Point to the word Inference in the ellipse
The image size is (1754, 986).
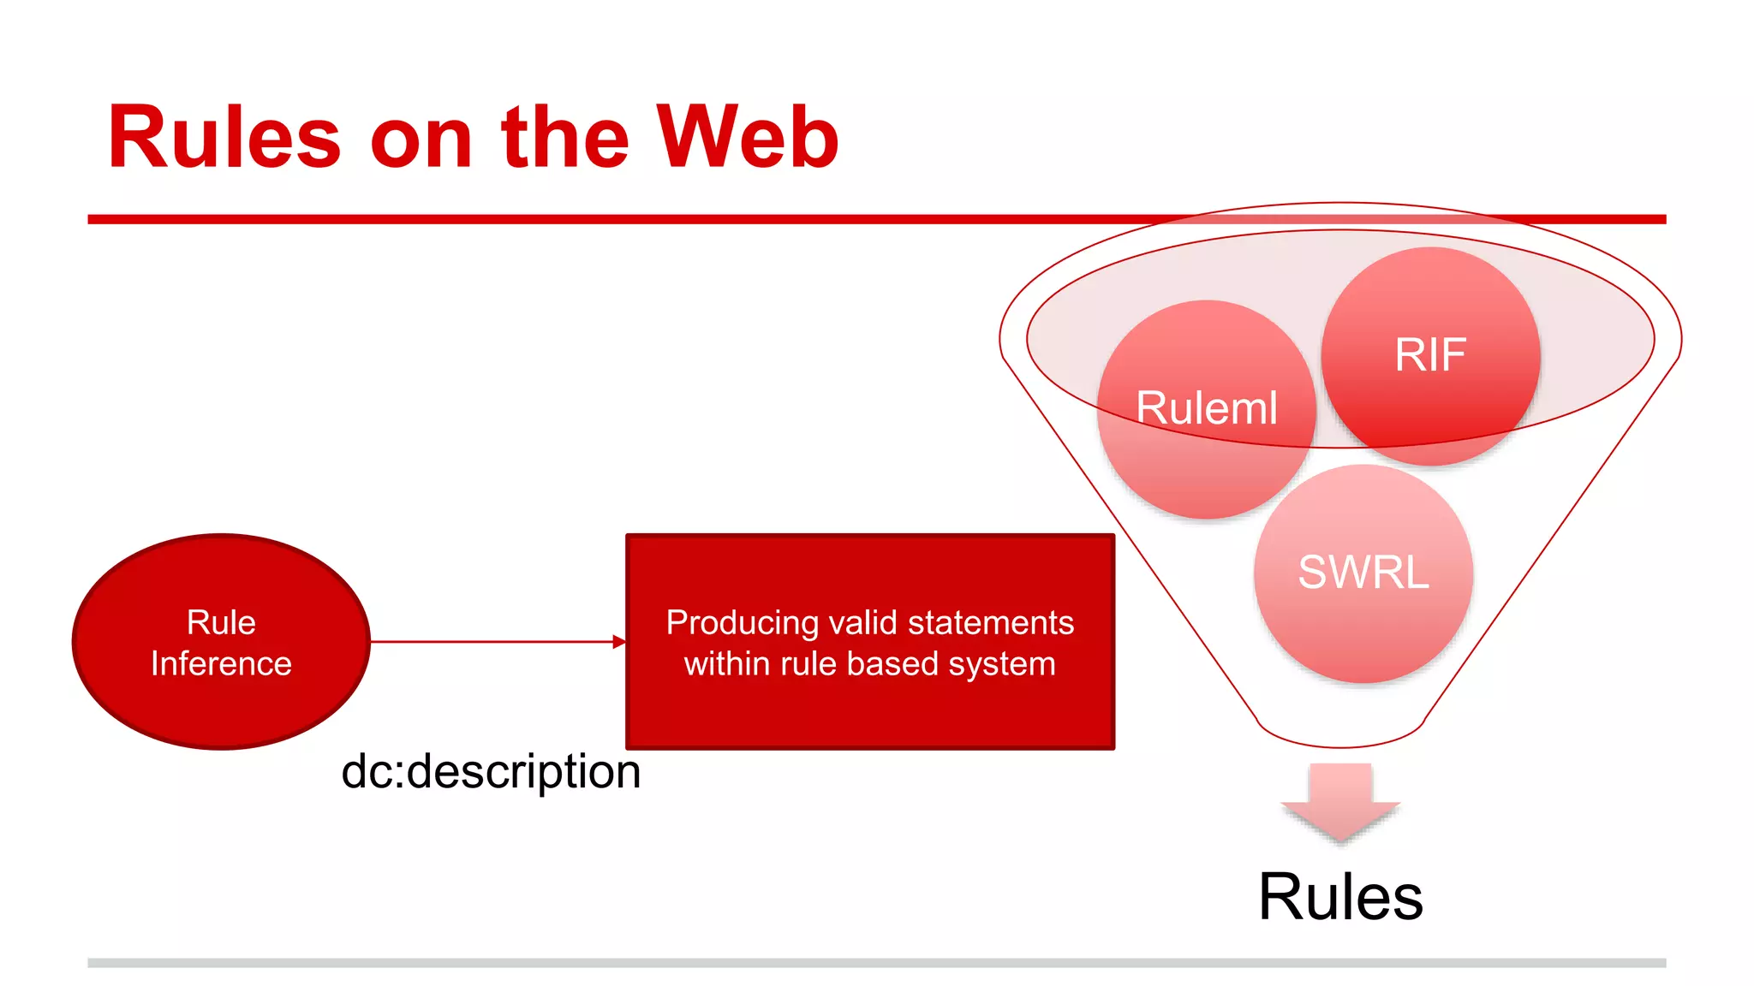221,664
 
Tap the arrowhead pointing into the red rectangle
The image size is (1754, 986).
619,641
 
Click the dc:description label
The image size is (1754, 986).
491,772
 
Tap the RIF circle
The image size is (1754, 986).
1430,355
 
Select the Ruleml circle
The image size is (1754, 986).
1206,408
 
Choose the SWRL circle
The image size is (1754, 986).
1363,573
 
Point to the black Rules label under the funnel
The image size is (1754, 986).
1340,897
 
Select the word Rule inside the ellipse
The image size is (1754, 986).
221,623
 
